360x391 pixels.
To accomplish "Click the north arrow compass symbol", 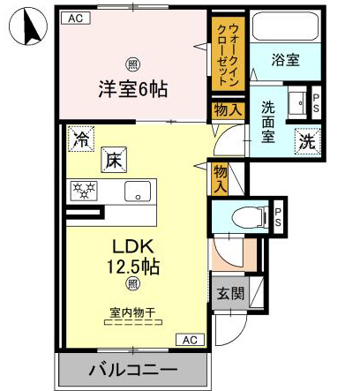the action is (28, 26).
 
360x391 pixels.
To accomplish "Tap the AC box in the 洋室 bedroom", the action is (76, 19).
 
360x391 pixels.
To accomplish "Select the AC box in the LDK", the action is (190, 340).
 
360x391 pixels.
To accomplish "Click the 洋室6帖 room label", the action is (133, 89).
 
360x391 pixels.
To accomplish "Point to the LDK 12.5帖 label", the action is (133, 257).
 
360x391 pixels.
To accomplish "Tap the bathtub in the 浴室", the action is (286, 26).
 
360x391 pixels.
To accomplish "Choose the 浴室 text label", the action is (285, 60).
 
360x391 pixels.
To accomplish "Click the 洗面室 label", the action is (268, 122).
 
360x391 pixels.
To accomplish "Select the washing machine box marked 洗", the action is (308, 141).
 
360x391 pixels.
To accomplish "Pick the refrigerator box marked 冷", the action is (81, 139).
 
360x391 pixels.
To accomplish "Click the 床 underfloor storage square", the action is (114, 160).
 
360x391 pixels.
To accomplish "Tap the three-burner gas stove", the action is (84, 191).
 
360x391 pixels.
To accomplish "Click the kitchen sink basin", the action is (138, 192).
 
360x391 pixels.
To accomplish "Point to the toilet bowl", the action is (250, 218).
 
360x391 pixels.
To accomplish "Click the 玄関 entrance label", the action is (230, 293).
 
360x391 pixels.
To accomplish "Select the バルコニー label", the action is (133, 370).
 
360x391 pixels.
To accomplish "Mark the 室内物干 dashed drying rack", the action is (133, 322).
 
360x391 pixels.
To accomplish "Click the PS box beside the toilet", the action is (278, 217).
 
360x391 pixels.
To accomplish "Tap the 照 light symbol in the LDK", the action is (133, 284).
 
